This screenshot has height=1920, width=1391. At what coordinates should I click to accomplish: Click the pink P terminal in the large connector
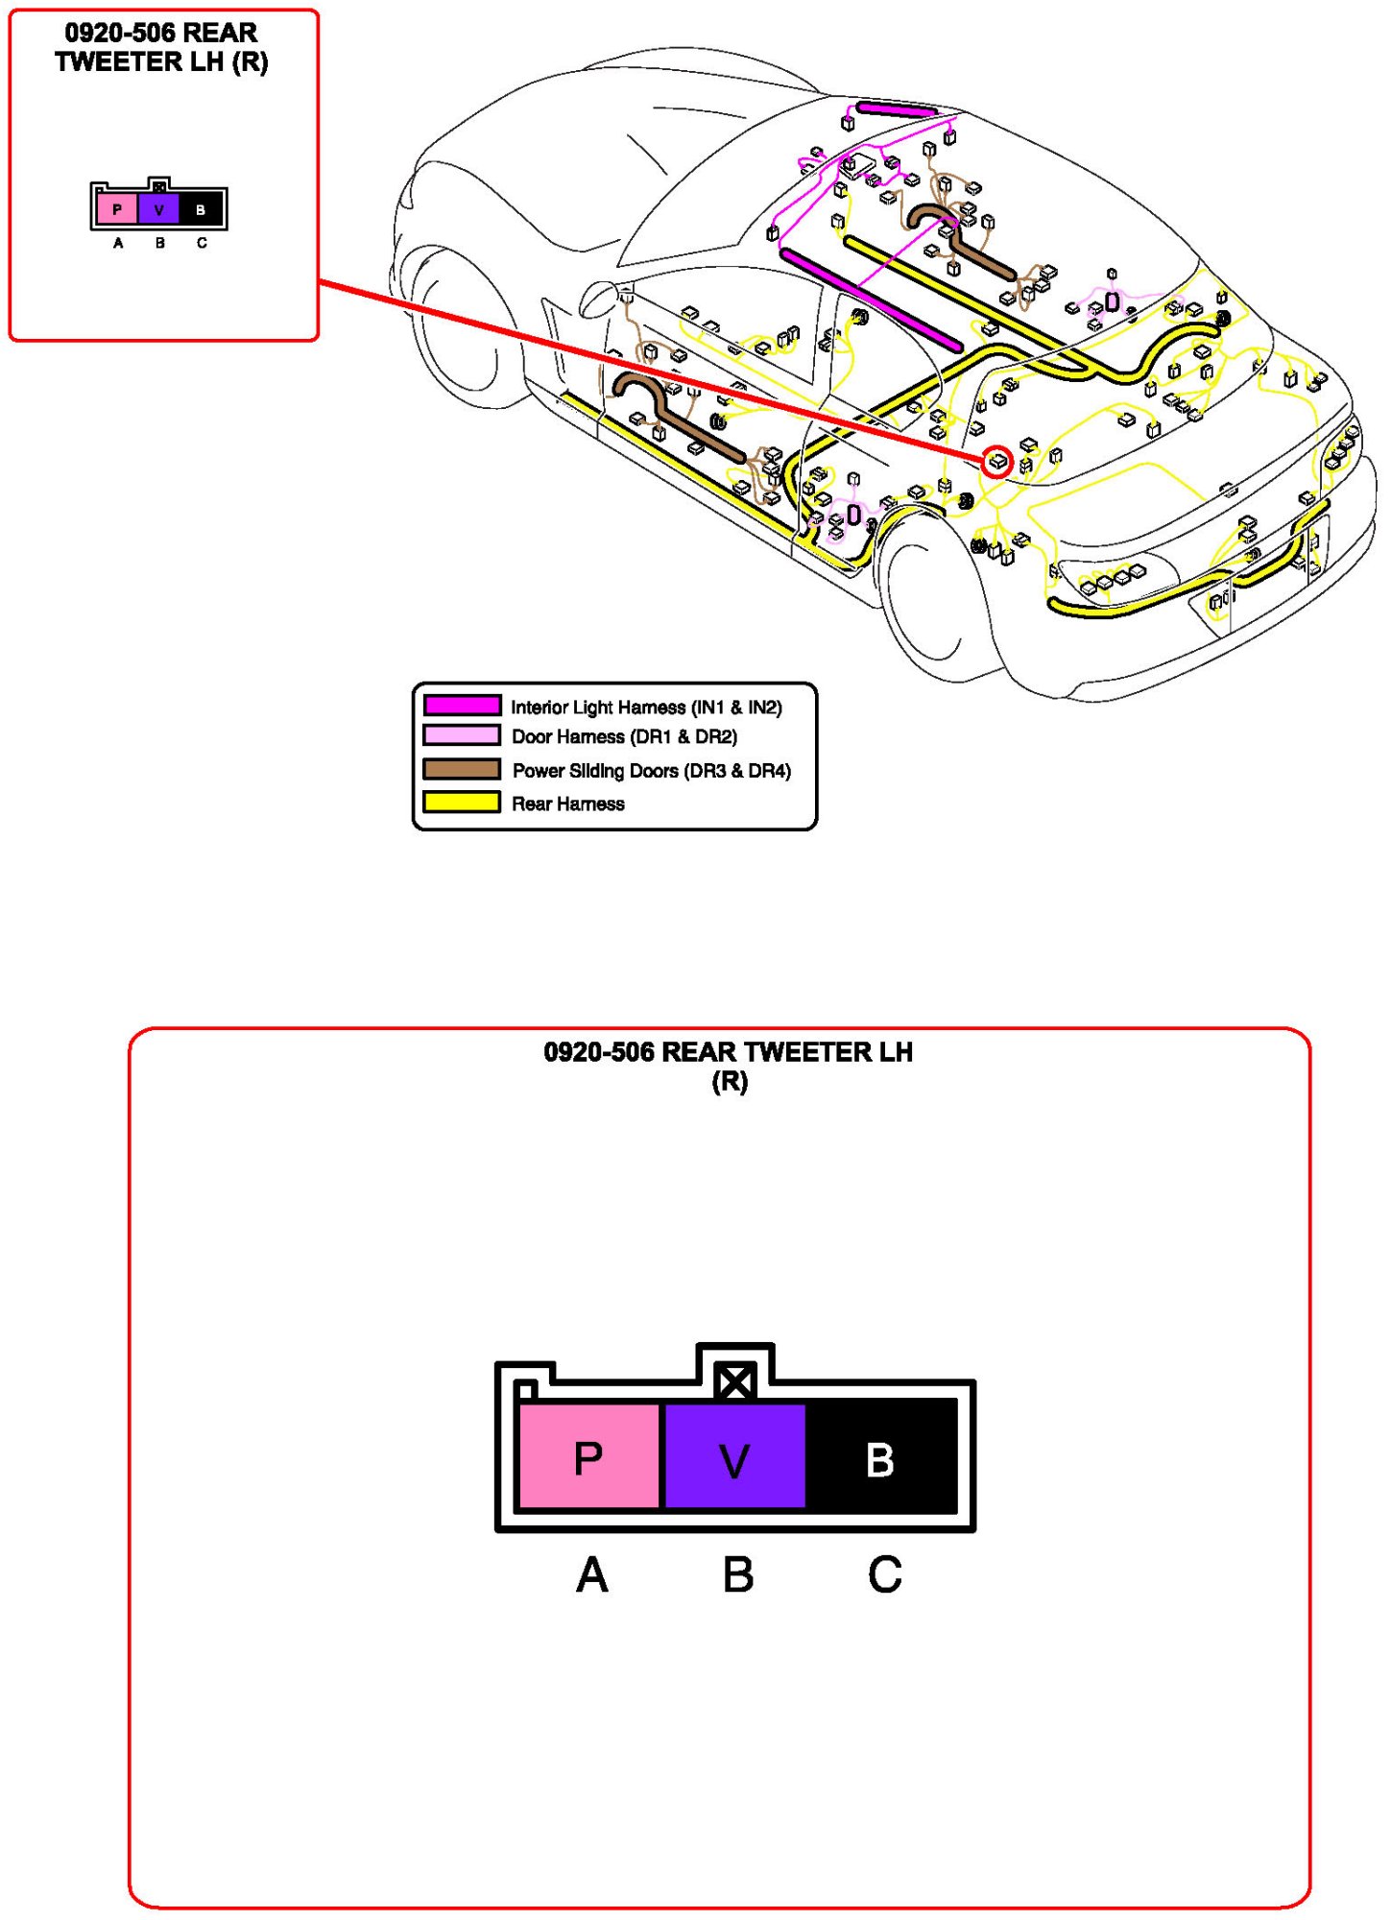pos(588,1455)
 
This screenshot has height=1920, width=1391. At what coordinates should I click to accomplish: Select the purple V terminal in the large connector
pos(734,1455)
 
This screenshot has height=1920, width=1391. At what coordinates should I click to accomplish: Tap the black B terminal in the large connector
pos(880,1455)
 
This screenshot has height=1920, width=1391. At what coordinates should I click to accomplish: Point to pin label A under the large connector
pos(591,1575)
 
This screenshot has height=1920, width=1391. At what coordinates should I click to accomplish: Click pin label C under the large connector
pos(884,1575)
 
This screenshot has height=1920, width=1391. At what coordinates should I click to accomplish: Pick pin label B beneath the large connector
pos(737,1575)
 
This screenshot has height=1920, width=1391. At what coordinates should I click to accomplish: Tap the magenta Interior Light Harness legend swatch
pos(462,706)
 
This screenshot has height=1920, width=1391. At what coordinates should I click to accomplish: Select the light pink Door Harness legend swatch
pos(462,735)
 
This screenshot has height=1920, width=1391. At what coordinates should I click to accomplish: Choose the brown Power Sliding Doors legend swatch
pos(462,769)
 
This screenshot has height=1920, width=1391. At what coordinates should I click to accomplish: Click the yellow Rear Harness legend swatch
pos(462,803)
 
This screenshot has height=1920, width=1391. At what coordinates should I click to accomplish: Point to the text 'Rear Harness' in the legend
pos(567,804)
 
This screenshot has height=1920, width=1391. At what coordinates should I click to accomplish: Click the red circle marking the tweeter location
pos(997,462)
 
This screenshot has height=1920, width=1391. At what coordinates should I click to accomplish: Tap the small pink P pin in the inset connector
pos(117,209)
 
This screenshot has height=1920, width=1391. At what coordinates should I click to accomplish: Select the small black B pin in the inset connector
pos(201,209)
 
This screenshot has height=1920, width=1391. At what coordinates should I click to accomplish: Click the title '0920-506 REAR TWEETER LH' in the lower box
pos(728,1052)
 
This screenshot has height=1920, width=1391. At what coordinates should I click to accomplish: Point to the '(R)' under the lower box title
pos(729,1082)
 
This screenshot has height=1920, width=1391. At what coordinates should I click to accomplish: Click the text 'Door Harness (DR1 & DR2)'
pos(624,736)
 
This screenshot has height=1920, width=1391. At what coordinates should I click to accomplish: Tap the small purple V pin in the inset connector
pos(158,209)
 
